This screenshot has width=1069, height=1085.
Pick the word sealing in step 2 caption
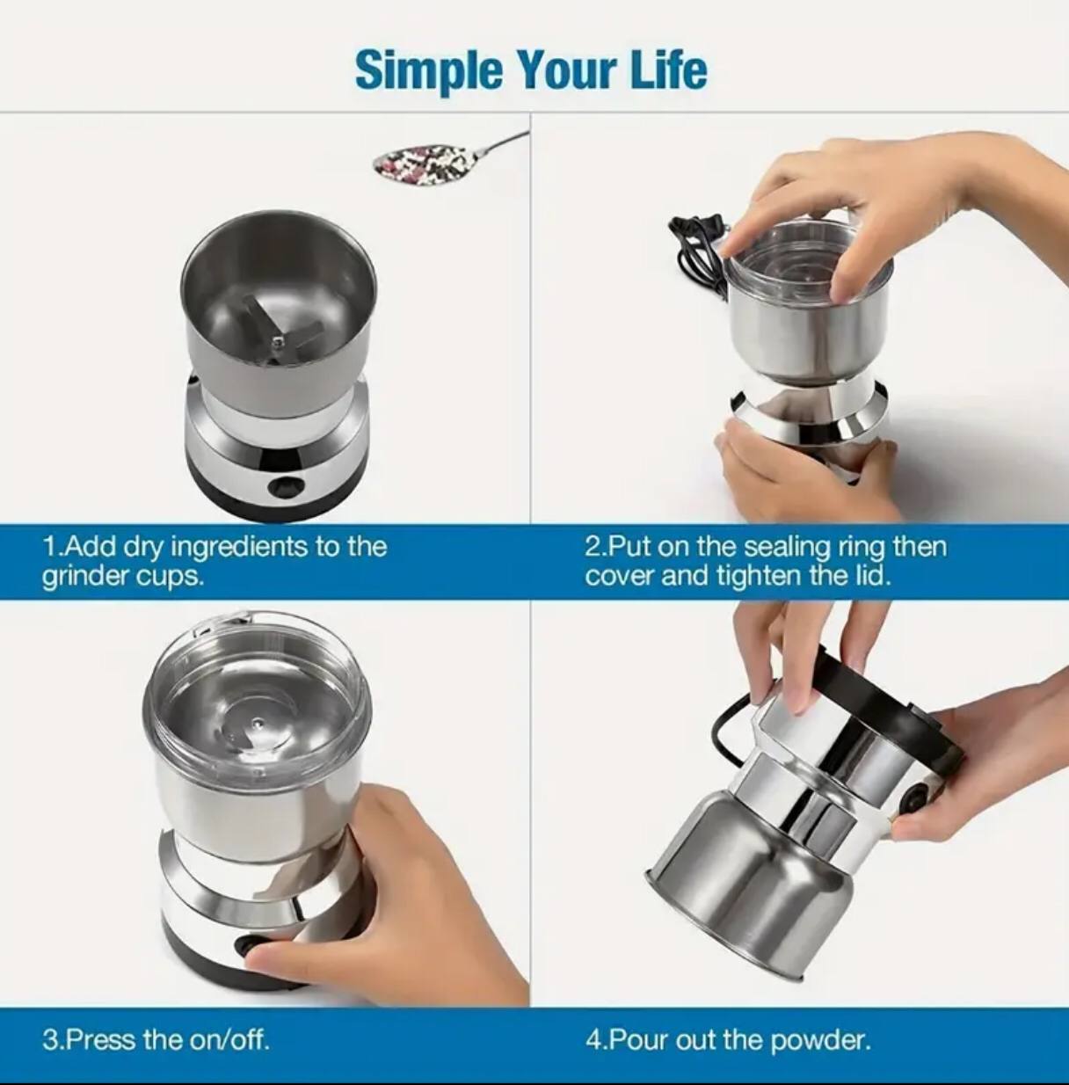click(786, 547)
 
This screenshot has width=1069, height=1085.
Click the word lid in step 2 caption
click(873, 577)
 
